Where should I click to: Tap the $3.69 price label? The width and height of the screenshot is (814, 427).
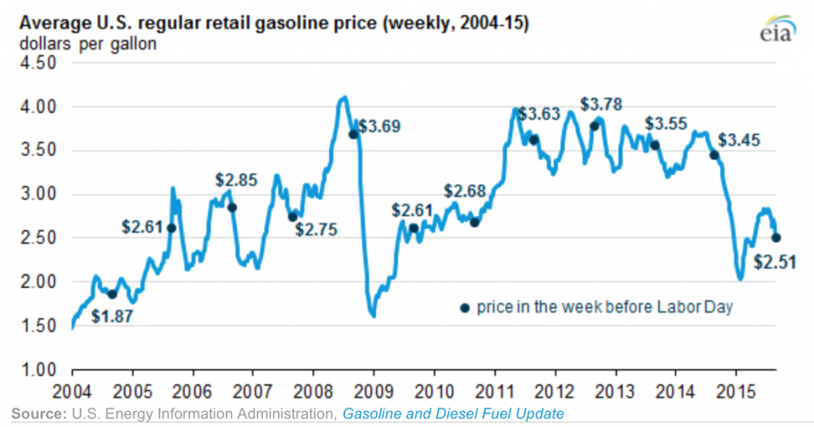click(378, 126)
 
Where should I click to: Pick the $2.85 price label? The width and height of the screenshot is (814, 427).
click(237, 181)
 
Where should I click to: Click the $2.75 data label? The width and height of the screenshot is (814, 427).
click(316, 231)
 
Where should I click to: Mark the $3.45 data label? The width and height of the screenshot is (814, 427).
click(739, 141)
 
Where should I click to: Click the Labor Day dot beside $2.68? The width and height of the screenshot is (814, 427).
click(475, 222)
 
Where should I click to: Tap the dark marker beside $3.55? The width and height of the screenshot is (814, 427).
click(655, 145)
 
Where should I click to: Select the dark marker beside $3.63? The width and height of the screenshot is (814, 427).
click(534, 139)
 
